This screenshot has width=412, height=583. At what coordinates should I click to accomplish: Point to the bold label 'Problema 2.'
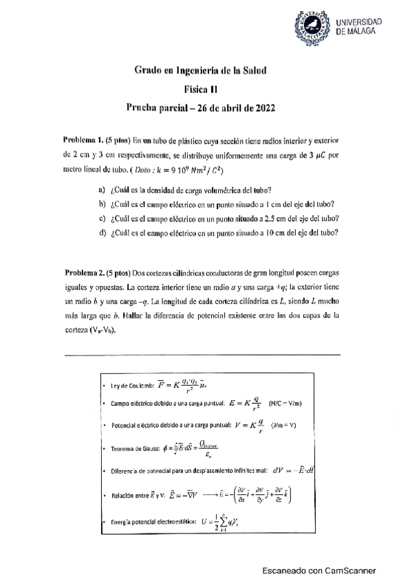tap(83, 272)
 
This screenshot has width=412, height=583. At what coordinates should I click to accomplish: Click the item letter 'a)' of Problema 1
tap(102, 190)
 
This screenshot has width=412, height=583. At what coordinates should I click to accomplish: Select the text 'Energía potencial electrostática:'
tap(151, 522)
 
